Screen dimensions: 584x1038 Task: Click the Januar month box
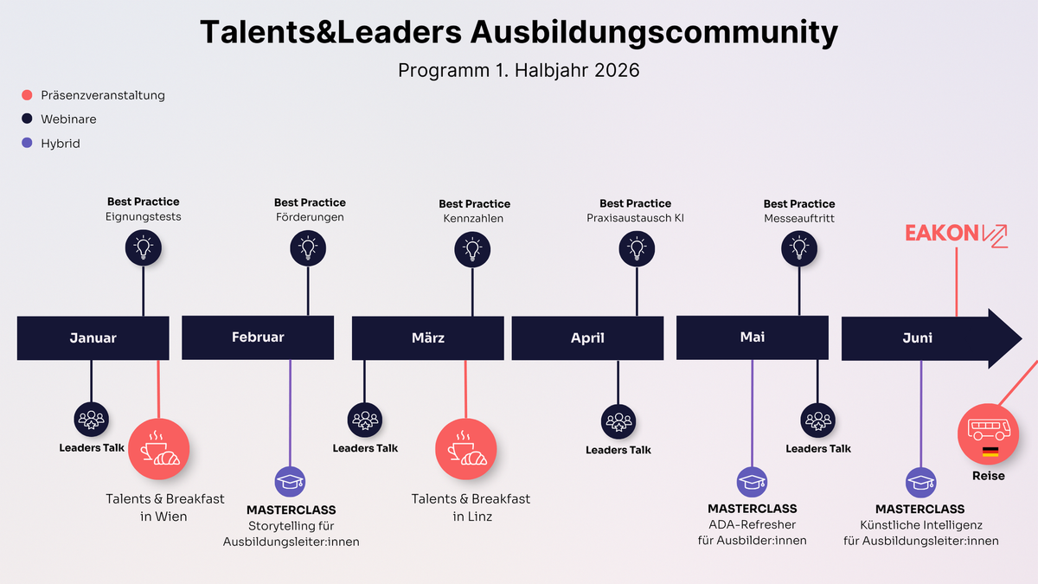[x=93, y=337]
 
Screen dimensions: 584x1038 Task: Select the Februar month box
[x=258, y=337]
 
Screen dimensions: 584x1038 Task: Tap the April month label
[x=587, y=337]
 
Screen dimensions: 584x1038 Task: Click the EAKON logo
[x=956, y=234]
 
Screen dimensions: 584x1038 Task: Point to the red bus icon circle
[x=988, y=434]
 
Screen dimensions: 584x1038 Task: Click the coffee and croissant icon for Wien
[x=158, y=448]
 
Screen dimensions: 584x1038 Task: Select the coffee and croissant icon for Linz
[x=465, y=448]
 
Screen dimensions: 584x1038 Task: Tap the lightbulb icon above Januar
[x=143, y=247]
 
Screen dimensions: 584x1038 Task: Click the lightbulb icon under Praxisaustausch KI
[x=637, y=248]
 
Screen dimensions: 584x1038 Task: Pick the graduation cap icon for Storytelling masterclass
[x=290, y=482]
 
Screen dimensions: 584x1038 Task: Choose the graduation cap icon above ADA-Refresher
[x=752, y=482]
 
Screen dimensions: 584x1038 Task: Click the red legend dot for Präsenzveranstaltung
[x=27, y=95]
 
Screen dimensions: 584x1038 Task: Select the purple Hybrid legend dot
[x=27, y=144]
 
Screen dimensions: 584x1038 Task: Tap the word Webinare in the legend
[x=68, y=119]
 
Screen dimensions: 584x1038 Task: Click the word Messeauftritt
[x=799, y=219]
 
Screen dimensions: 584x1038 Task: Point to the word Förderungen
[x=309, y=217]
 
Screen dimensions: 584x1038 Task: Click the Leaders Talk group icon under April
[x=618, y=421]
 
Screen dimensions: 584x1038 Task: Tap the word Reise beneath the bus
[x=989, y=476]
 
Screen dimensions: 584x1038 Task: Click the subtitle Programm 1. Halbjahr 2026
[x=519, y=70]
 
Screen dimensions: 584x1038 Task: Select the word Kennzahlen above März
[x=473, y=219]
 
